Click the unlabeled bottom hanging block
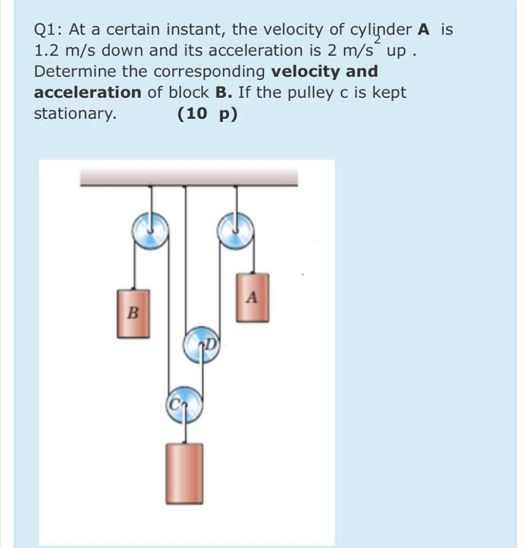point(184,473)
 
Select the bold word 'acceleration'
point(88,92)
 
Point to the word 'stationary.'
point(75,114)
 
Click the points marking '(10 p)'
point(207,114)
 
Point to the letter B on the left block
point(132,313)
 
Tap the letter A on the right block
point(251,296)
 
